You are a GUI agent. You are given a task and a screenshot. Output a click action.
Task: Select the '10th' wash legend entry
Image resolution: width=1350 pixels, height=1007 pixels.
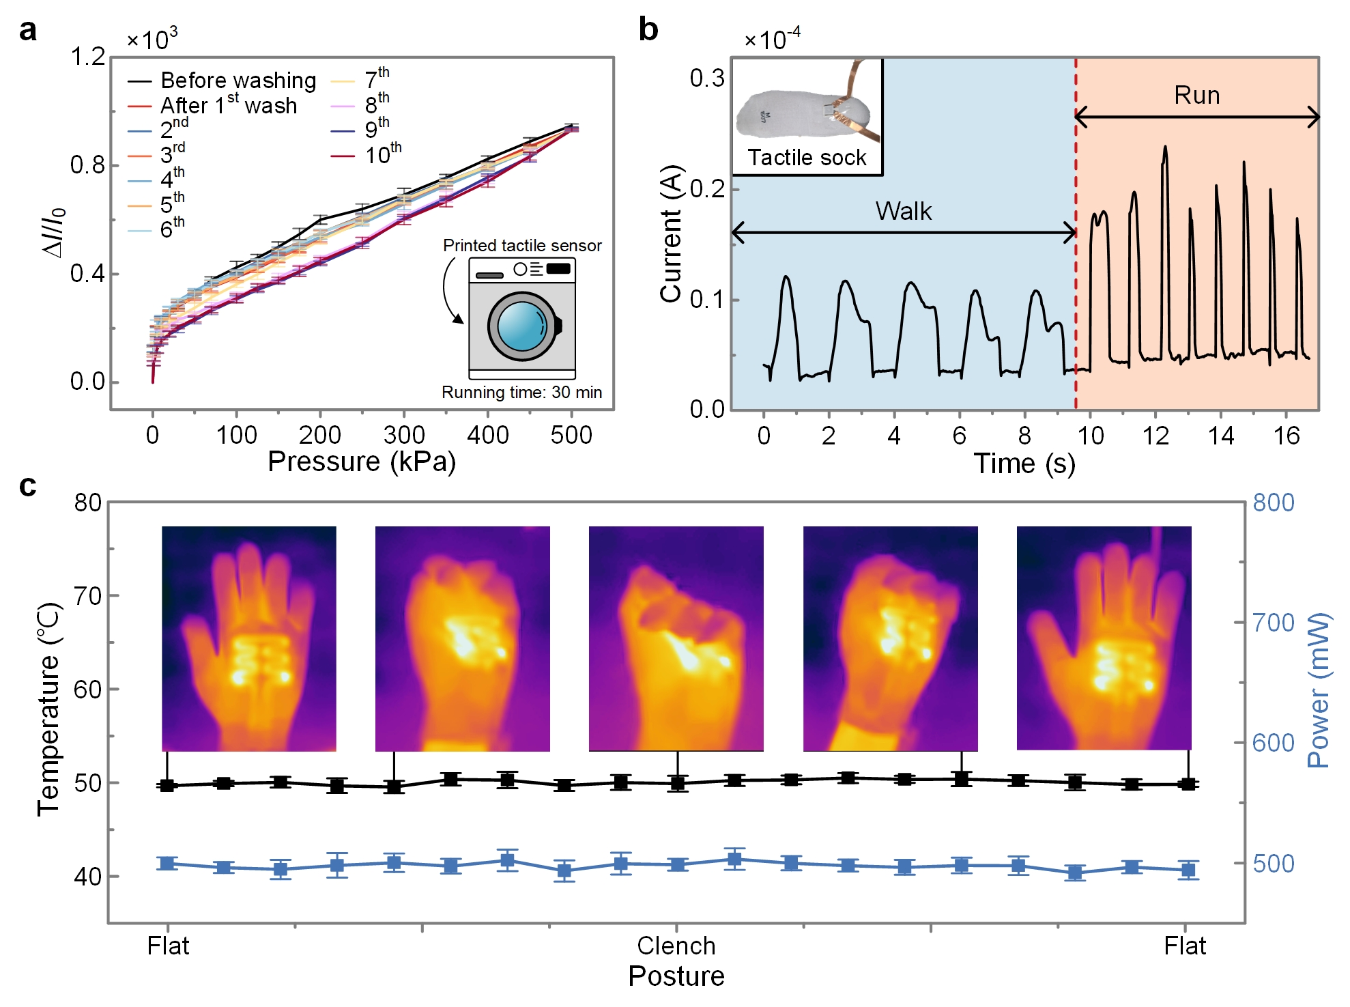(382, 155)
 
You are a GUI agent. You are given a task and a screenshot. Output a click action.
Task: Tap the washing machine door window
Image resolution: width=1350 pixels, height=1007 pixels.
(522, 326)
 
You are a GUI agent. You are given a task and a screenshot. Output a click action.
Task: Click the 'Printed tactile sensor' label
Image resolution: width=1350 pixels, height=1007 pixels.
(522, 246)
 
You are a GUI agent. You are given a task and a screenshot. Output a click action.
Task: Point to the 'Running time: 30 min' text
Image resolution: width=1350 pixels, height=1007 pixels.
(521, 393)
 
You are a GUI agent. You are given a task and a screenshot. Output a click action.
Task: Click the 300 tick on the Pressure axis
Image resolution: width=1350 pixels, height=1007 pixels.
(404, 435)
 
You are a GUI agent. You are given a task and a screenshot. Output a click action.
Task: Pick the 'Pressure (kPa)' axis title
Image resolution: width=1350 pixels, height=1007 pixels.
(361, 462)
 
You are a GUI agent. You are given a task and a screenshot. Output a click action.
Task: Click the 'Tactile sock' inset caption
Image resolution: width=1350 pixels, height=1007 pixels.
(807, 158)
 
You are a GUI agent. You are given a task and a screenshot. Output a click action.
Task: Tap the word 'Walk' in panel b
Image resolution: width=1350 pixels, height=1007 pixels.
(903, 212)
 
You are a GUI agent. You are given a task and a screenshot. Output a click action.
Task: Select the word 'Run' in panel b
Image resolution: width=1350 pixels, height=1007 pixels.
(1196, 96)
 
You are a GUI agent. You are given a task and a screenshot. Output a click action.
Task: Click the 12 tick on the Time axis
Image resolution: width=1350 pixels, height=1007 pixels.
(1155, 436)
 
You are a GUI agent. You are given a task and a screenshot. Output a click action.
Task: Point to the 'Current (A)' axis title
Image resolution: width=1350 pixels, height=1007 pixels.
(671, 233)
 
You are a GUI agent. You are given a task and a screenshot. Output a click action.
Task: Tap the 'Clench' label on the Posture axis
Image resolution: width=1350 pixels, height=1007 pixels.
(676, 946)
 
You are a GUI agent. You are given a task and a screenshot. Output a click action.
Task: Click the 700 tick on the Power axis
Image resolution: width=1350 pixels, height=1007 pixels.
(1274, 623)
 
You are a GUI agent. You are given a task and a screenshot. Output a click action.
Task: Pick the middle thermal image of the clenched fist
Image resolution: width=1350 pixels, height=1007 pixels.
(676, 638)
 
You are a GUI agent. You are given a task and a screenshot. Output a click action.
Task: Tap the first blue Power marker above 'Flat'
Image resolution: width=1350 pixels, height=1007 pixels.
(168, 864)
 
